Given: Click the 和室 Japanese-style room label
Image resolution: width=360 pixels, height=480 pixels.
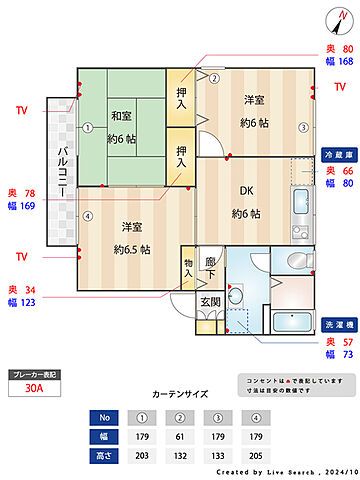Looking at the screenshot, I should pos(123,115).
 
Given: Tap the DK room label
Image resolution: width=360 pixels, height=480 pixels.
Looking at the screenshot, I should pos(245,196).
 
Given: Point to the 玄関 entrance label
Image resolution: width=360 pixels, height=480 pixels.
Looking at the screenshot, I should pos(211,301).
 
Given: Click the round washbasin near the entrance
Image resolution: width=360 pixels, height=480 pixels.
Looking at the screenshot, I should pos(236,296).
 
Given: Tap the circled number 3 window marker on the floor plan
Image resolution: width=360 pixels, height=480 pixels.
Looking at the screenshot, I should pos(303,127).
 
